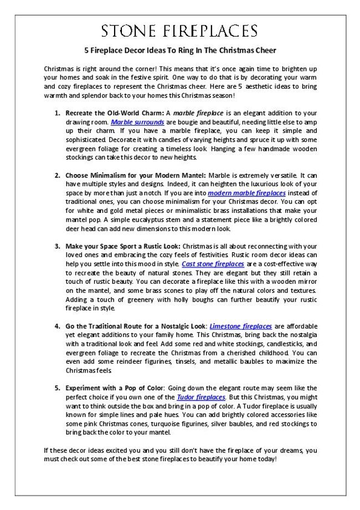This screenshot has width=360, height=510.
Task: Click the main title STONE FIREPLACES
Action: click(x=180, y=30)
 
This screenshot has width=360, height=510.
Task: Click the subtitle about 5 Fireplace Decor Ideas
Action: click(x=180, y=49)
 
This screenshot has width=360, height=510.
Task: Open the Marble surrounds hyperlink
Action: click(x=137, y=121)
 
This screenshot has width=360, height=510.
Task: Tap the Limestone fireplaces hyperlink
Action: click(x=240, y=326)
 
